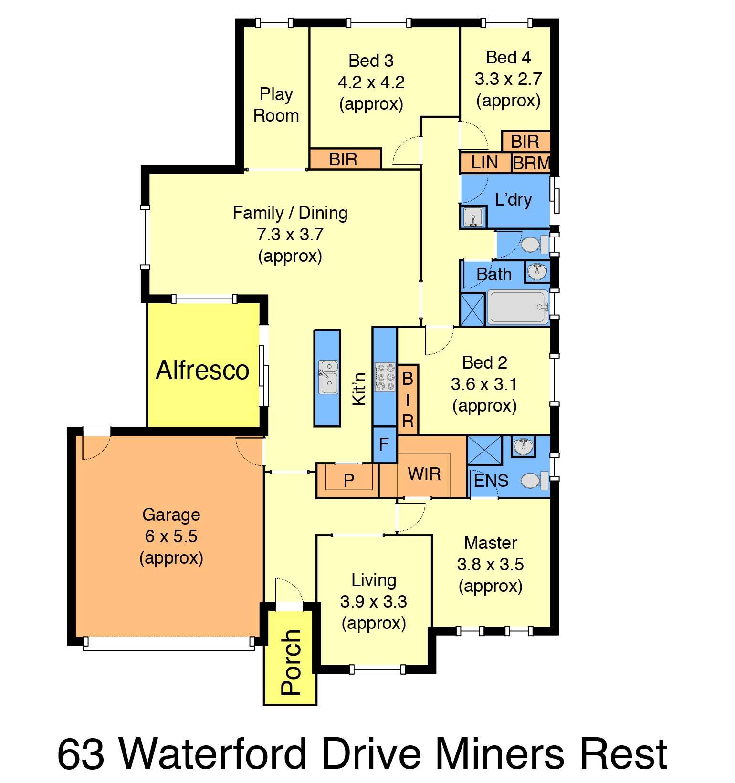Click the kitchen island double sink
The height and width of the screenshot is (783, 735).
[x=328, y=377]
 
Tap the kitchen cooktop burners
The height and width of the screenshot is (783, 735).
[x=385, y=378]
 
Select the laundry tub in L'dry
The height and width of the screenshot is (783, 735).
[x=473, y=217]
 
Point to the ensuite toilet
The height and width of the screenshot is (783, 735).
[x=534, y=481]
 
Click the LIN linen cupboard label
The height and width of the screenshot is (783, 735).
[x=484, y=163]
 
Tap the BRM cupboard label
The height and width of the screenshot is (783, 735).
[x=531, y=164]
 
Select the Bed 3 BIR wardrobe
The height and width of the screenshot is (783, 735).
[x=345, y=159]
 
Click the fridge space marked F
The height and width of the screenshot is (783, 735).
[x=384, y=444]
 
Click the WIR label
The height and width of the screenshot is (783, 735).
[x=424, y=474]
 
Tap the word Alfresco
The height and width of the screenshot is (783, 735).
[x=202, y=370]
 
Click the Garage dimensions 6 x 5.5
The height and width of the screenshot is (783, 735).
[x=171, y=536]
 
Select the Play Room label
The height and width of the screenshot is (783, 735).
[x=276, y=105]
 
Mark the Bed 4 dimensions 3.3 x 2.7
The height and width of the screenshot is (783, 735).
[x=508, y=79]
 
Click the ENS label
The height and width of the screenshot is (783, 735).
[x=491, y=481]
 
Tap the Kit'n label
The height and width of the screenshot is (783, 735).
[x=359, y=389]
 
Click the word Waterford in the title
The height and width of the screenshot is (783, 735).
[x=216, y=754]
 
